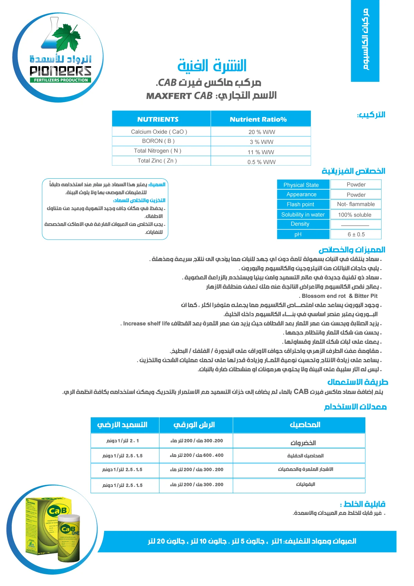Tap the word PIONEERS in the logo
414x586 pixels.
pos(60,71)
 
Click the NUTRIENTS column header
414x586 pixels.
pos(158,119)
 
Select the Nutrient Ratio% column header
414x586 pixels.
pos(258,119)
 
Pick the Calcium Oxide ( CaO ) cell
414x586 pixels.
pos(159,132)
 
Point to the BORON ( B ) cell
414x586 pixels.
pos(158,141)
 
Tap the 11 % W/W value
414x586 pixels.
pos(261,152)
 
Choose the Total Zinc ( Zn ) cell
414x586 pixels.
pos(157,161)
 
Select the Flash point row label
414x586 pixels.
pos(300,204)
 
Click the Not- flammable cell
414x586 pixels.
pos(356,204)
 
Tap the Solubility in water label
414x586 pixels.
pos(303,215)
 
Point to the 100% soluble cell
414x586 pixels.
pos(355,215)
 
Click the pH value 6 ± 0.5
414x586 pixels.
pos(356,235)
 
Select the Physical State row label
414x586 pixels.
pos(301,185)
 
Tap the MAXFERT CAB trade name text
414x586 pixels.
pos(179,96)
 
